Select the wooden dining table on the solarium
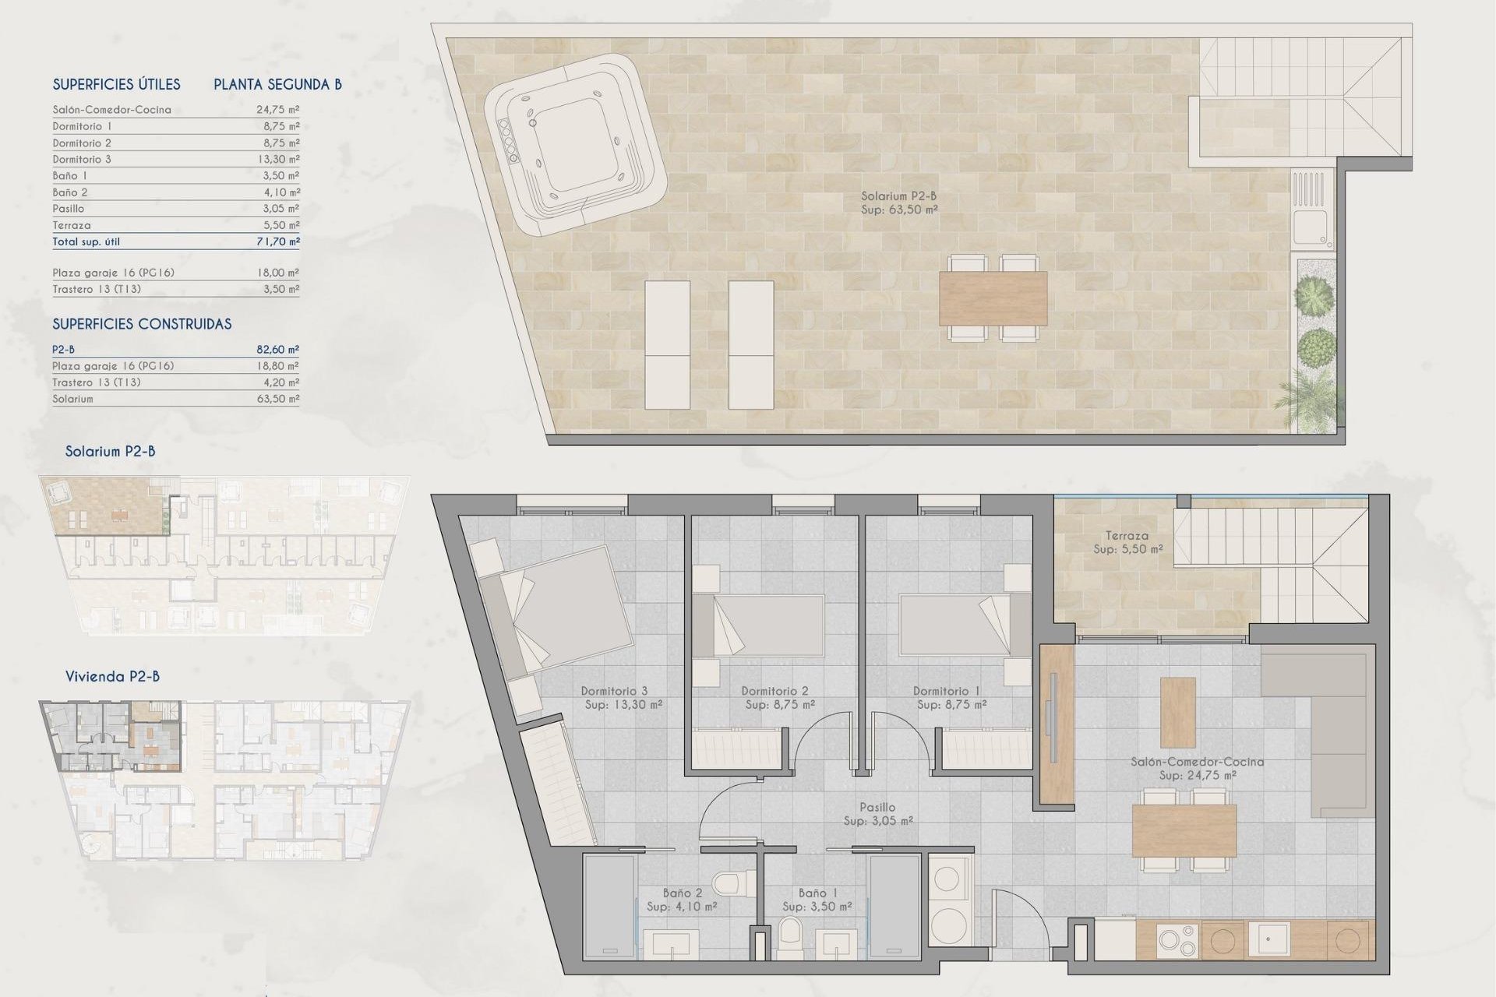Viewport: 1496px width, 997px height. pos(993,298)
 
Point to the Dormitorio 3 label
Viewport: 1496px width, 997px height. pos(614,691)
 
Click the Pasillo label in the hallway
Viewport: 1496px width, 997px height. pos(877,808)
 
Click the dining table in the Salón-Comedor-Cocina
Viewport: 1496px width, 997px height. pos(1184,830)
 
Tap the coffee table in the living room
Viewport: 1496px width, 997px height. pos(1178,712)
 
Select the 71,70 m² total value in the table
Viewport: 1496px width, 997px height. pos(278,242)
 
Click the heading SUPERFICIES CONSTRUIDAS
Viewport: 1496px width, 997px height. pos(142,324)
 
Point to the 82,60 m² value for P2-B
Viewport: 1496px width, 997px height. pos(278,350)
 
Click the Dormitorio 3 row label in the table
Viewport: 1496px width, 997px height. pos(82,159)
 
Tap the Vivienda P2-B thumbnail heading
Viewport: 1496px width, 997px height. pos(112,676)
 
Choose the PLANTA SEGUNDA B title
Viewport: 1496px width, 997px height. pos(277,85)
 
